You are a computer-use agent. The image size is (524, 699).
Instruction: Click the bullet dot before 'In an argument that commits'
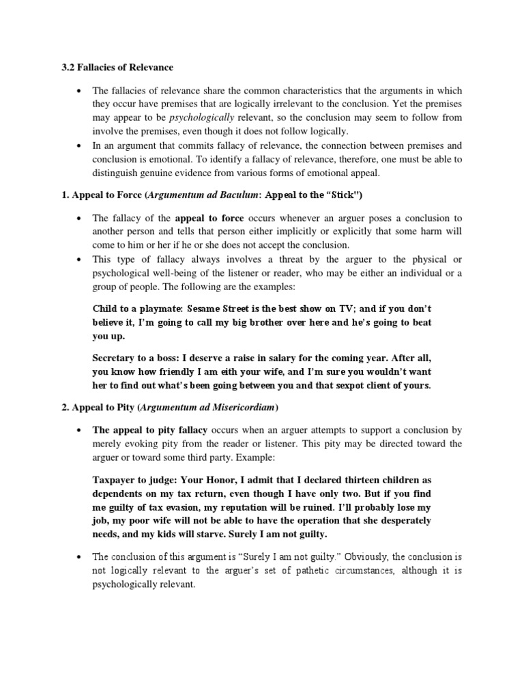tap(81, 146)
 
